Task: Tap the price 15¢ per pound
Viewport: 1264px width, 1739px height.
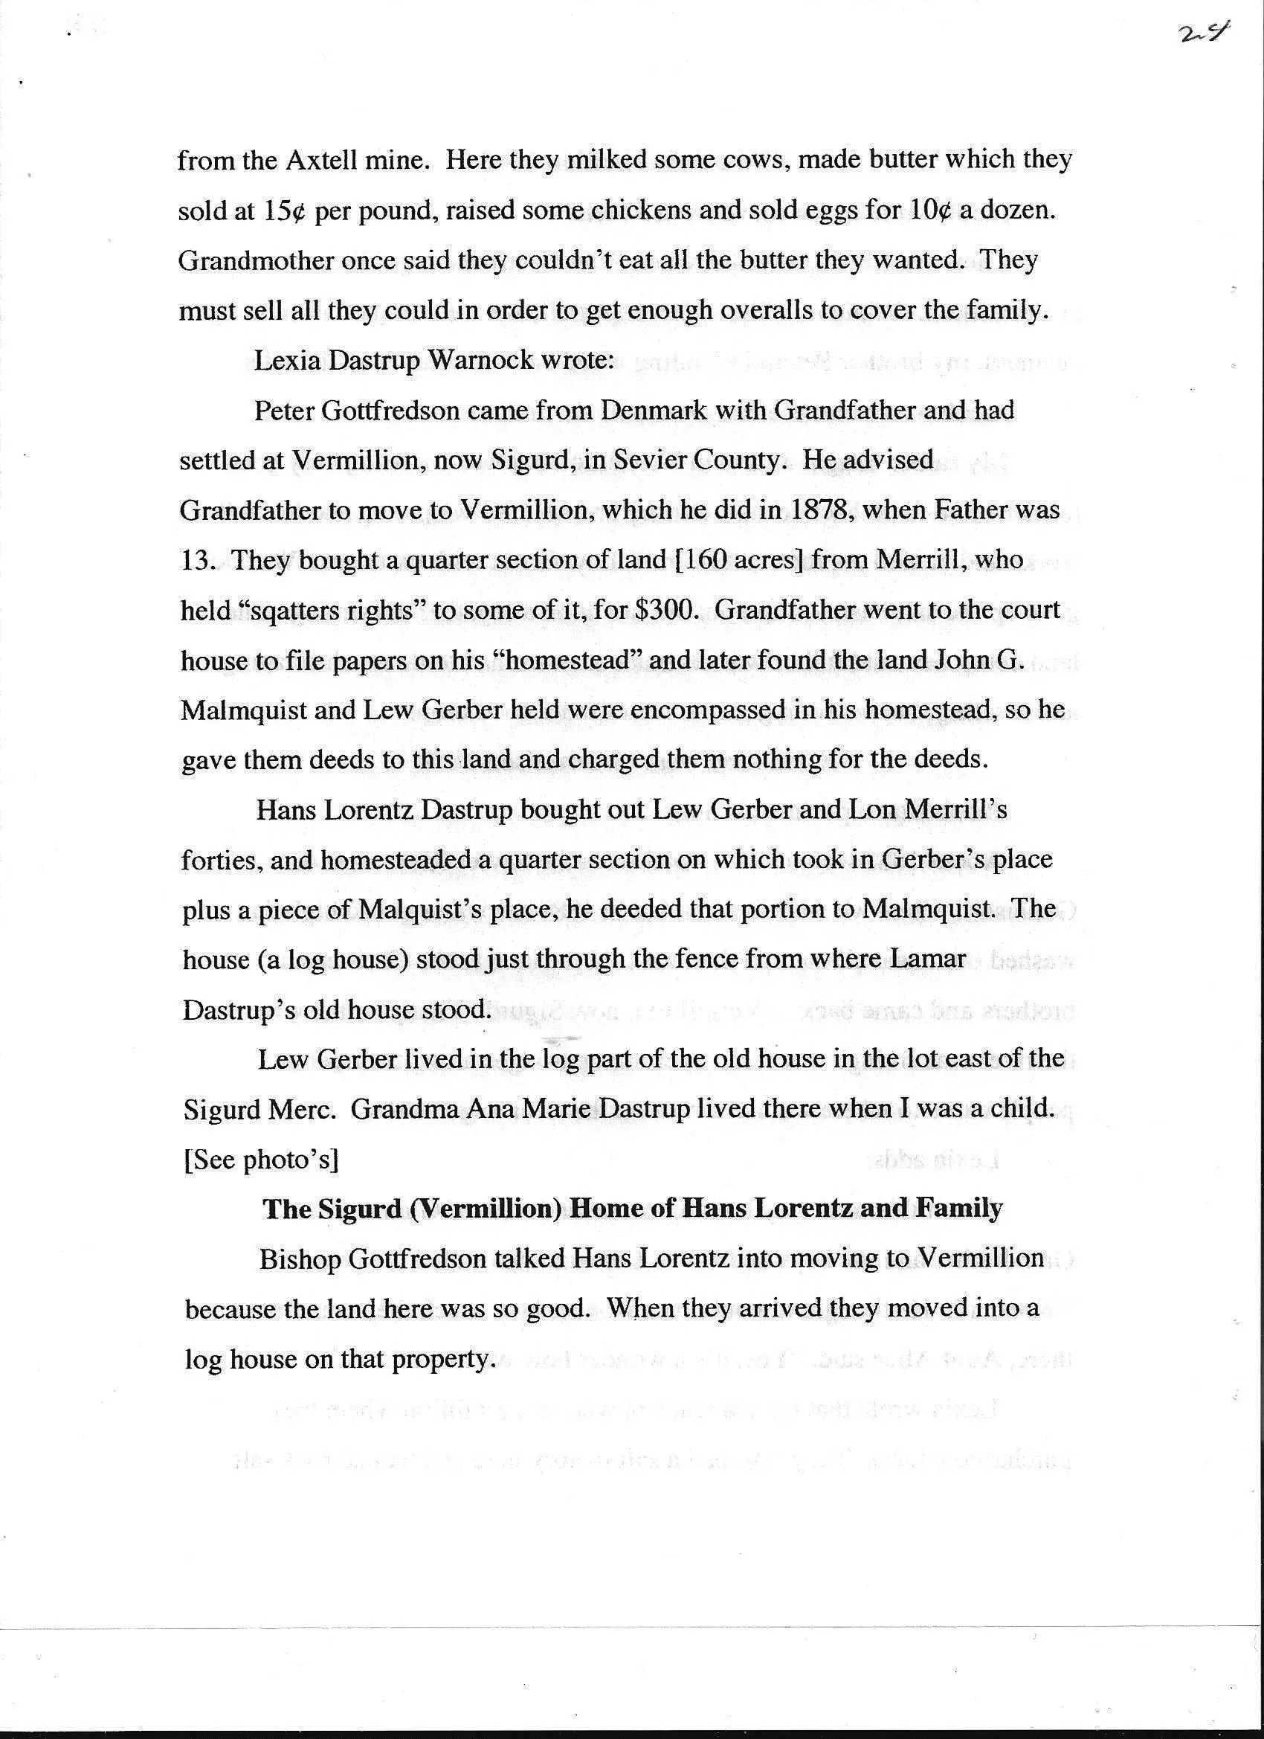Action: coord(283,210)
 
